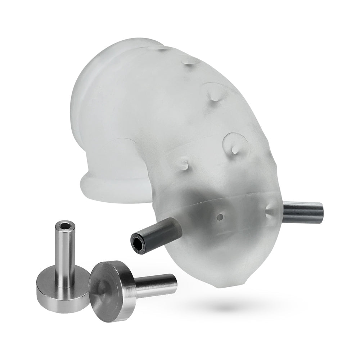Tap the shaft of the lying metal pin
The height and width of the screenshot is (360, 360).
click(x=155, y=284)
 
